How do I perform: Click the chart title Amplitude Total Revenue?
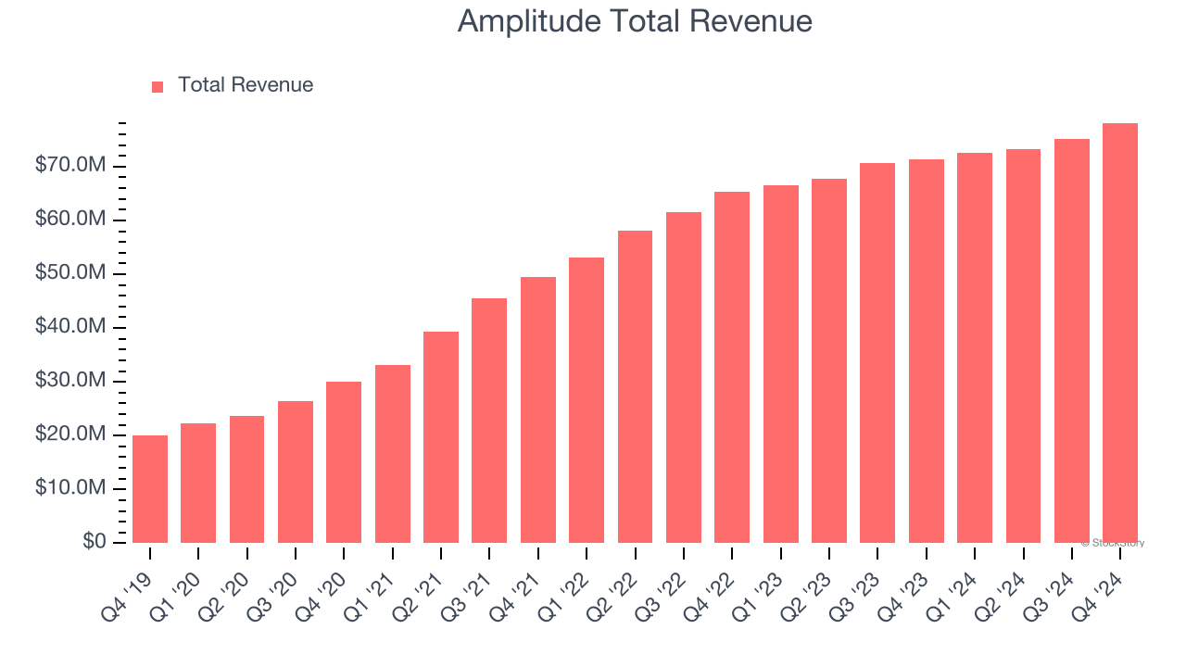pyautogui.click(x=635, y=21)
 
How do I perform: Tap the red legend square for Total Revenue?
pyautogui.click(x=158, y=86)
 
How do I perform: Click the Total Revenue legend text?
pyautogui.click(x=246, y=85)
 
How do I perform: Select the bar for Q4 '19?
pyautogui.click(x=150, y=489)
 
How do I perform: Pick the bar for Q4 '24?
pyautogui.click(x=1120, y=333)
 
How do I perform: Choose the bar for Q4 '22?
pyautogui.click(x=732, y=367)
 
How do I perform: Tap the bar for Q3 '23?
pyautogui.click(x=877, y=353)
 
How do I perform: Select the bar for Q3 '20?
pyautogui.click(x=296, y=472)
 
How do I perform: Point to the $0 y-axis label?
pyautogui.click(x=94, y=542)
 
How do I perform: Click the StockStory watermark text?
pyautogui.click(x=1113, y=543)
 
